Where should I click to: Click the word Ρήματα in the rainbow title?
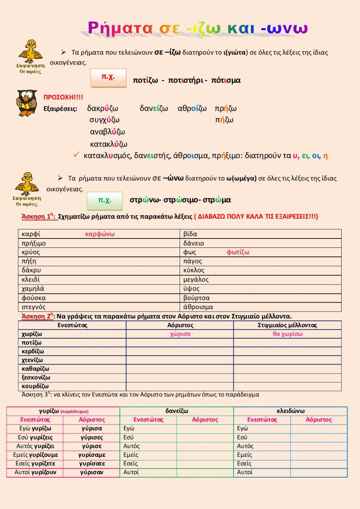click(120, 28)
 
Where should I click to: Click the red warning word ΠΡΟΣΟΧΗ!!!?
click(63, 97)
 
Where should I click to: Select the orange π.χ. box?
click(108, 77)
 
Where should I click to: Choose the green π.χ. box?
click(105, 200)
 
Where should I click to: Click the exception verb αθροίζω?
click(192, 108)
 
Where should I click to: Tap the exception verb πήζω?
click(224, 120)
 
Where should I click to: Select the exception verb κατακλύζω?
click(108, 144)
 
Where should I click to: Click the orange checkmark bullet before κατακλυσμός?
click(76, 155)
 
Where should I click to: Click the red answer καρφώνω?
click(100, 234)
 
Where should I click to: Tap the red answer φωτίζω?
click(238, 252)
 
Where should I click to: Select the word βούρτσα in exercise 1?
click(196, 298)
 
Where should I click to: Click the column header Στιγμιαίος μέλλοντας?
click(287, 325)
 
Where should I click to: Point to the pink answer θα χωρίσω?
click(287, 334)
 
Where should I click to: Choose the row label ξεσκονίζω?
click(36, 378)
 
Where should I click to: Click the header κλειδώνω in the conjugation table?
click(291, 411)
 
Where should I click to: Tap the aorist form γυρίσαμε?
click(91, 455)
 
